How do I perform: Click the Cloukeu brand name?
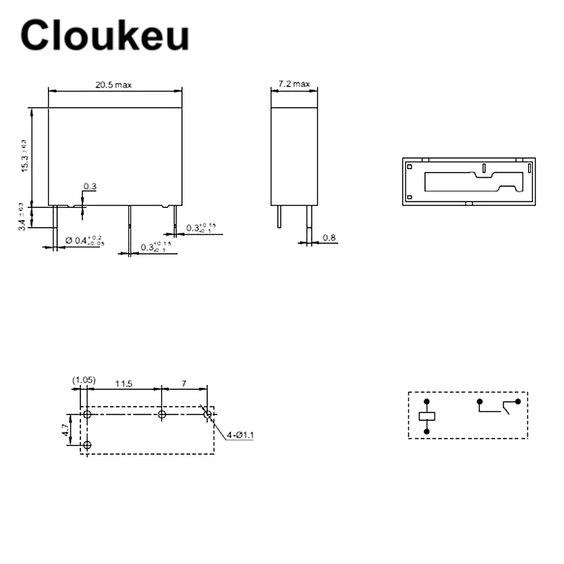[105, 35]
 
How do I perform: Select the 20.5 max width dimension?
[114, 85]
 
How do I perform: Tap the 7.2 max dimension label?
[294, 84]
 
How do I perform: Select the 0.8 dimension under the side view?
[329, 238]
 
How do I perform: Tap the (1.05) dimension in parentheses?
[83, 381]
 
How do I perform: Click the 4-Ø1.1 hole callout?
[240, 436]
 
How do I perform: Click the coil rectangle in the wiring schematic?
[427, 416]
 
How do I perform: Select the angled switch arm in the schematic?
[509, 406]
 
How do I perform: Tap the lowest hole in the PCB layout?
[87, 445]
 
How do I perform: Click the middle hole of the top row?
[162, 415]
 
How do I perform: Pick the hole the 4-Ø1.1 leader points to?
[207, 415]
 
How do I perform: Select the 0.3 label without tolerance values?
[90, 187]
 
